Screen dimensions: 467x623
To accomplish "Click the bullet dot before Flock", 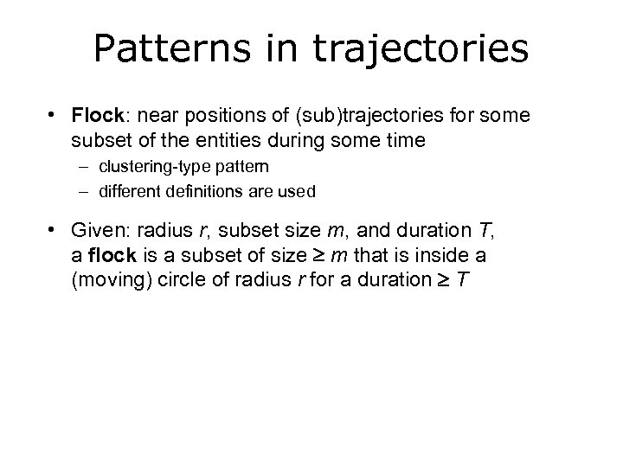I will pos(54,115).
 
